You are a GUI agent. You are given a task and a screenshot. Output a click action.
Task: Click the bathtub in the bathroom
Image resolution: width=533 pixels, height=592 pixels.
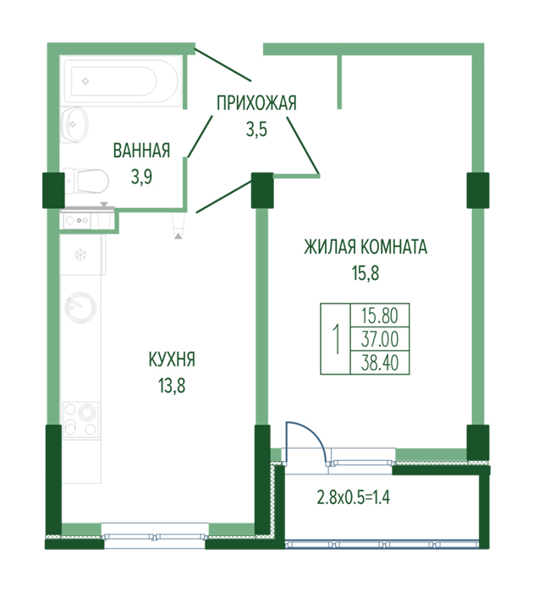pyautogui.click(x=121, y=80)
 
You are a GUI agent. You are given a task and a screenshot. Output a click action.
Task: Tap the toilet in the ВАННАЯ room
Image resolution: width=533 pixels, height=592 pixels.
pyautogui.click(x=86, y=181)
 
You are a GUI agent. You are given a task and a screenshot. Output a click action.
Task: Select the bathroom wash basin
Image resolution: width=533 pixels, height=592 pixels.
pyautogui.click(x=74, y=124)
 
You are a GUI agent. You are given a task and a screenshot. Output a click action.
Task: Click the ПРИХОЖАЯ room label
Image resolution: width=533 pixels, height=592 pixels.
pyautogui.click(x=256, y=103)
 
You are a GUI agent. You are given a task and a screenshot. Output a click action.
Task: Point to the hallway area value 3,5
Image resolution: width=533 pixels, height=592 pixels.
pyautogui.click(x=257, y=129)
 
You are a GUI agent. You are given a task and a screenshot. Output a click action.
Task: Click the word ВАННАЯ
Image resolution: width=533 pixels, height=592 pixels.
pyautogui.click(x=141, y=151)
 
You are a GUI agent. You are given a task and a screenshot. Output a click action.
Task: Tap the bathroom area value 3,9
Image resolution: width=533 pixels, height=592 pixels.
pyautogui.click(x=141, y=176)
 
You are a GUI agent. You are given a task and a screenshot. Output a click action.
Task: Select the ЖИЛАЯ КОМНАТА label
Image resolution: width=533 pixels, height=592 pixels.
pyautogui.click(x=365, y=247)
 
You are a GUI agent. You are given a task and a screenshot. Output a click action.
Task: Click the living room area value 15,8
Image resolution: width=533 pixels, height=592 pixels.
pyautogui.click(x=365, y=273)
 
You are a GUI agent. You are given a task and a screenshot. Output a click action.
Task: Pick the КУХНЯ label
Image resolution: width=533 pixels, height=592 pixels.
pyautogui.click(x=172, y=359)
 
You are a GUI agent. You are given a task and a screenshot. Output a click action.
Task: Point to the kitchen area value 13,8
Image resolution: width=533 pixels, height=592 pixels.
pyautogui.click(x=172, y=386)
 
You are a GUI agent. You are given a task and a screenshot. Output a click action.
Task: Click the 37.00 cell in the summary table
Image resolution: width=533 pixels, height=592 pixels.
pyautogui.click(x=380, y=338)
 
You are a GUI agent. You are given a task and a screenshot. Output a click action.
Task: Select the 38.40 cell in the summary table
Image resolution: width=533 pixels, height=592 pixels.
pyautogui.click(x=380, y=363)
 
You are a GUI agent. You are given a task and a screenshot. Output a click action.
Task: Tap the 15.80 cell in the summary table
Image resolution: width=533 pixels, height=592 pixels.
pyautogui.click(x=380, y=315)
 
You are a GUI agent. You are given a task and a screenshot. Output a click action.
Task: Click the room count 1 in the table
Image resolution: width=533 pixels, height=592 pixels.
pyautogui.click(x=335, y=338)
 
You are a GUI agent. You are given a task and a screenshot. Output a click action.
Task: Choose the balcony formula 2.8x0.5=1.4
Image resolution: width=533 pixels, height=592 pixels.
pyautogui.click(x=354, y=497)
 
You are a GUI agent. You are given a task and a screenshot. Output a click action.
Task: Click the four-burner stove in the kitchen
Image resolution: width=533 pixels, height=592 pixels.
pyautogui.click(x=80, y=419)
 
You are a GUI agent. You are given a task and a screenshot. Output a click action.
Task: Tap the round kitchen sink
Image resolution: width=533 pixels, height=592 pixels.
pyautogui.click(x=80, y=307)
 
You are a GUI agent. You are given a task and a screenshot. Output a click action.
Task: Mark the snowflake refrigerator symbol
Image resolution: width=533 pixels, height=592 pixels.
pyautogui.click(x=80, y=255)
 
